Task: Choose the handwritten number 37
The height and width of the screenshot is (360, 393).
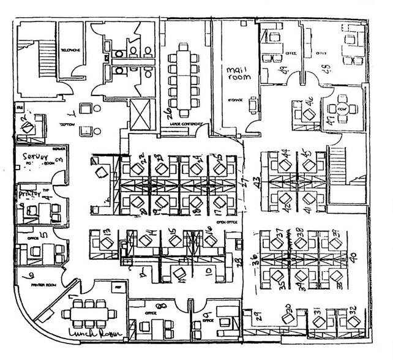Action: pos(282,233)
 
